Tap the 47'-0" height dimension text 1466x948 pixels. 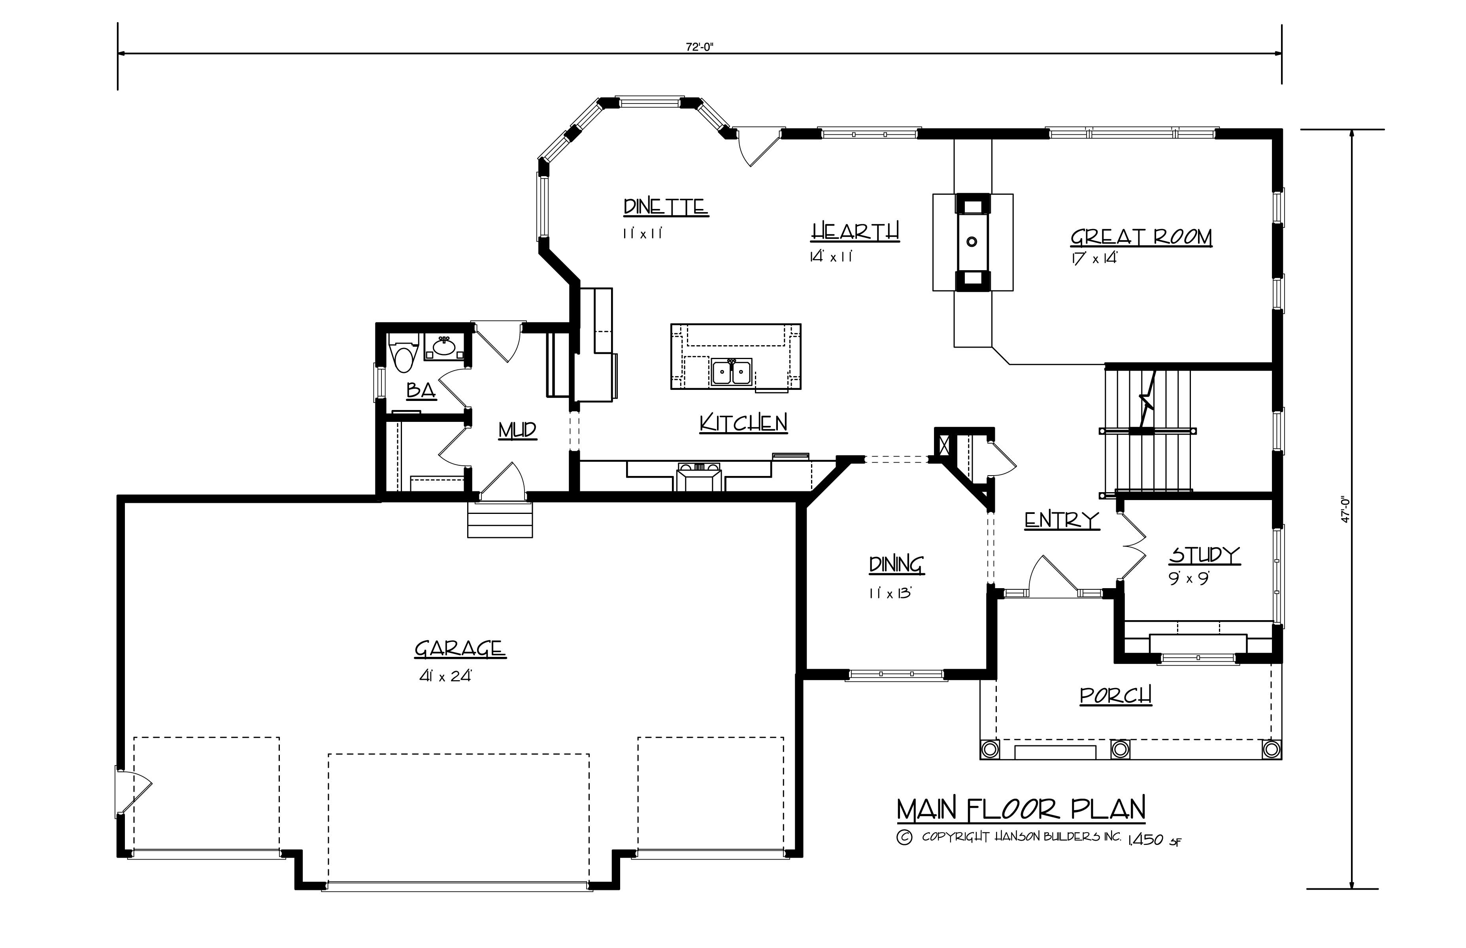point(1346,509)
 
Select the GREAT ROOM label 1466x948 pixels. point(1141,237)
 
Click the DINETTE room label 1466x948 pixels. point(665,207)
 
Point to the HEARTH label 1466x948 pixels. point(855,232)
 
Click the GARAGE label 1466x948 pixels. point(460,649)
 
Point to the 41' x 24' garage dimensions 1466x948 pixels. point(445,676)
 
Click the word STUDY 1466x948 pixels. point(1204,555)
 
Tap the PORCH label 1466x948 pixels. point(1115,696)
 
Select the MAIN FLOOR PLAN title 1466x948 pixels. point(1021,809)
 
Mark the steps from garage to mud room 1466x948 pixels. point(500,520)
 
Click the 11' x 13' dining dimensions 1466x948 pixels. point(889,593)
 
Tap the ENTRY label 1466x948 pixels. point(1061,521)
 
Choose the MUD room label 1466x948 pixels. point(517,430)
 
